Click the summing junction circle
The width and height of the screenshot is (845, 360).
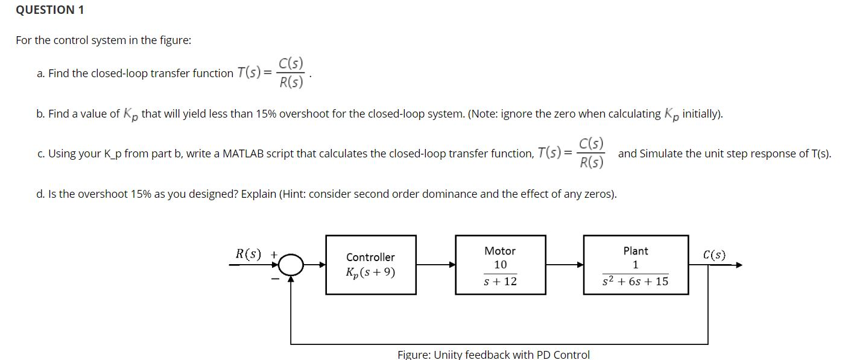click(x=291, y=264)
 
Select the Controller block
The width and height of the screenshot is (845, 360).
click(x=370, y=265)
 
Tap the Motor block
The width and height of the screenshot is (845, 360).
click(x=500, y=265)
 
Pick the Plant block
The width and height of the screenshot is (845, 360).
click(x=635, y=265)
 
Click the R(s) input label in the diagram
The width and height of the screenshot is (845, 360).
click(x=248, y=254)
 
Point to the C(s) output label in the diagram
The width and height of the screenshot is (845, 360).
click(x=714, y=254)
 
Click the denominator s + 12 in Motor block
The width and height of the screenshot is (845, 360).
click(x=501, y=282)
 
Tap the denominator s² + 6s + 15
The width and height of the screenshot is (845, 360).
click(x=636, y=282)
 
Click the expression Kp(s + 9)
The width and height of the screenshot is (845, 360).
click(x=370, y=273)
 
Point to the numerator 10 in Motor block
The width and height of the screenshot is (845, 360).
click(x=500, y=265)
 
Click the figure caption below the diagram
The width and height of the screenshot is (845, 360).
click(x=493, y=355)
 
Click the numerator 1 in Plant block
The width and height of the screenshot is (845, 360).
click(x=636, y=265)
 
